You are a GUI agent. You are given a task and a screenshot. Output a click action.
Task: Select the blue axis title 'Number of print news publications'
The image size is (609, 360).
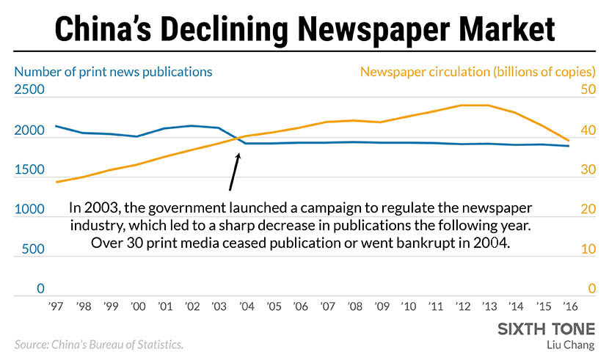click(x=114, y=72)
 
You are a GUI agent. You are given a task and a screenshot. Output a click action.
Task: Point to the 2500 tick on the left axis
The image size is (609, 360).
click(x=29, y=90)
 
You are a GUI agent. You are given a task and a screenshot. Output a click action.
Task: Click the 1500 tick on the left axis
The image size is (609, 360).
click(x=29, y=170)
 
